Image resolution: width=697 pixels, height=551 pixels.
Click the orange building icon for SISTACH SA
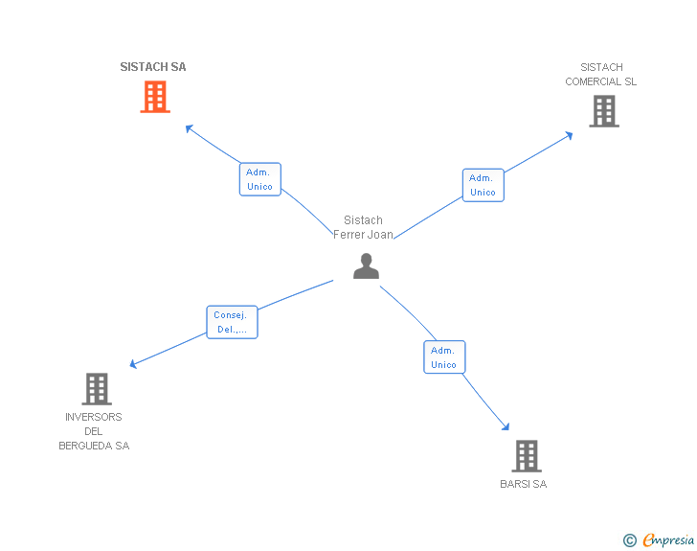coord(155,97)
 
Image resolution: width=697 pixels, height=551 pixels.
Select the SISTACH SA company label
coord(153,67)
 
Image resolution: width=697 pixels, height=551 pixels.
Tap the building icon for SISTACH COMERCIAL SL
coord(603,111)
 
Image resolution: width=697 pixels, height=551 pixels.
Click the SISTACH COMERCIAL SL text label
coord(600,74)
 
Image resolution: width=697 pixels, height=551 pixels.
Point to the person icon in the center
coord(366,265)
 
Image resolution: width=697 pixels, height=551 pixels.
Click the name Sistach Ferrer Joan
coord(363,227)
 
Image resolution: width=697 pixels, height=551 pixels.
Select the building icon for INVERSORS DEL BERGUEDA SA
coord(97,389)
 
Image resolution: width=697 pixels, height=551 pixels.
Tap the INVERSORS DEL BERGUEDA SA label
coord(94,431)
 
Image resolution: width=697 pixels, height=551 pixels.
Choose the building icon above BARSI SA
coord(526,456)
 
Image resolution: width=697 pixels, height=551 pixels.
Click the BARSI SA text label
coord(523,484)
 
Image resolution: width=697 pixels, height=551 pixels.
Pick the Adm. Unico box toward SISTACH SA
coord(259,179)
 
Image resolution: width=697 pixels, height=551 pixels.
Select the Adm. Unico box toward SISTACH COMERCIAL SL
coord(483,185)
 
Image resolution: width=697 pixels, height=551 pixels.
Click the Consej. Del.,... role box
coord(232,322)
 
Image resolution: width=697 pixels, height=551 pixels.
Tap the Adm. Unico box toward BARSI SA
coord(443,357)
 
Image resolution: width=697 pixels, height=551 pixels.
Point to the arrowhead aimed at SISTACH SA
coord(190,128)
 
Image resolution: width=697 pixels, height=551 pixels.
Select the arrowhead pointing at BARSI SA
coord(506,427)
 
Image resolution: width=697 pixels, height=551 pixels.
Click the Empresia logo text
coord(668,540)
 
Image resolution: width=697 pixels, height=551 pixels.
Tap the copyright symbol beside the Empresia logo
coord(629,540)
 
